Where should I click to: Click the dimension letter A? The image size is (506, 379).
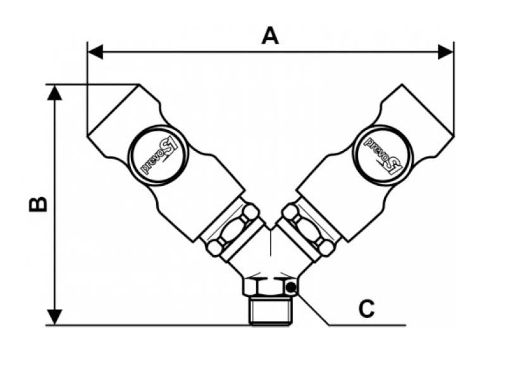270,35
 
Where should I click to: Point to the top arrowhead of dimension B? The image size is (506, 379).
56,92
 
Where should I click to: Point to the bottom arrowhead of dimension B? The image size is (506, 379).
56,317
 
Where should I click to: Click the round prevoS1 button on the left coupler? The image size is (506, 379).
156,154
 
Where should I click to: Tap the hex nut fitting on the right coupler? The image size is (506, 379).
309,227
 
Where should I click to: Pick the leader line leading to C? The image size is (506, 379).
316,313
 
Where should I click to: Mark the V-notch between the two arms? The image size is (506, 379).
271,228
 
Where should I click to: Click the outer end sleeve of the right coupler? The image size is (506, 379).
421,114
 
